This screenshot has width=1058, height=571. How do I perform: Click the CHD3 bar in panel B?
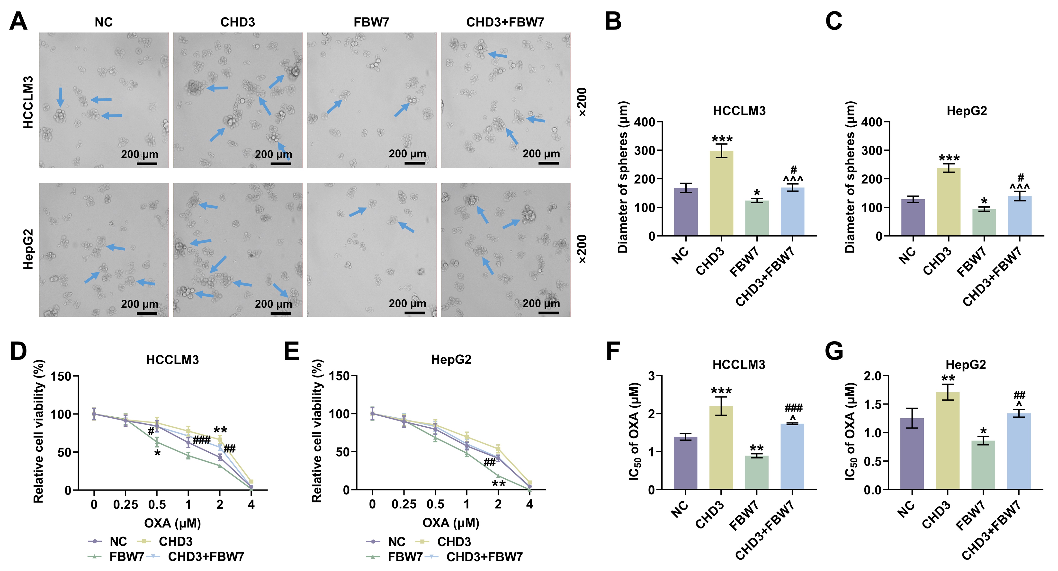(x=721, y=193)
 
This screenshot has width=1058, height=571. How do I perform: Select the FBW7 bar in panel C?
(x=984, y=222)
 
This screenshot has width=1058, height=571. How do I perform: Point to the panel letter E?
(x=292, y=351)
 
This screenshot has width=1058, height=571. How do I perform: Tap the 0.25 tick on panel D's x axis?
(x=126, y=504)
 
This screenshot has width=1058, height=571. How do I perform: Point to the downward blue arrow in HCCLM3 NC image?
(x=60, y=97)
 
